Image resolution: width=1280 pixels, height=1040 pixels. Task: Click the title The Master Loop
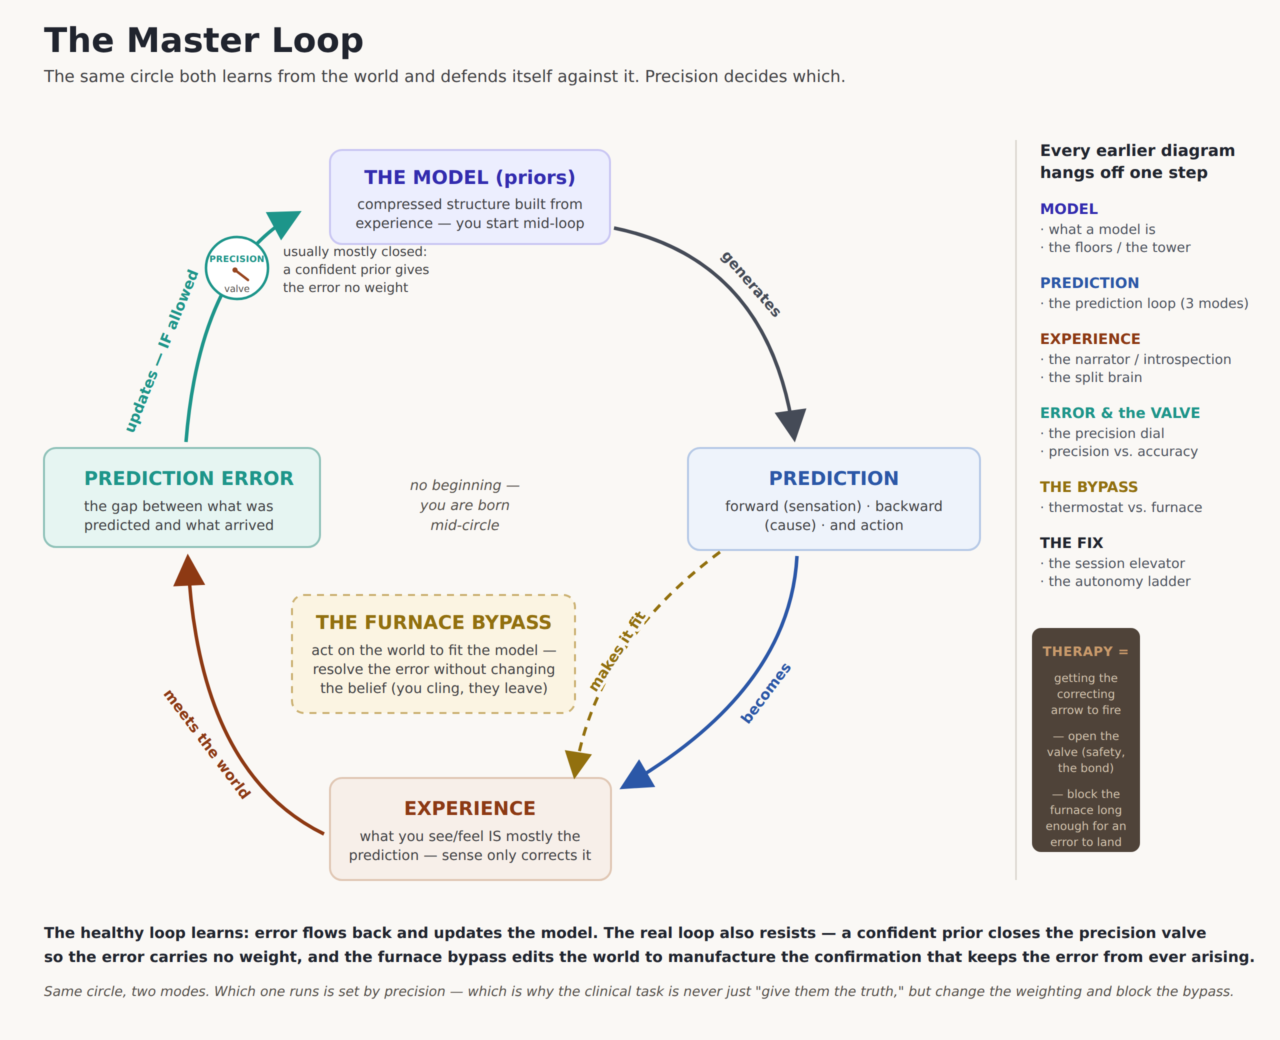(x=203, y=40)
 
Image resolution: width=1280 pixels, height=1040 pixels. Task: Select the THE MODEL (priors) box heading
(x=469, y=177)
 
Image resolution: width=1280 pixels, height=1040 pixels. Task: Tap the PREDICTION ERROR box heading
(x=188, y=478)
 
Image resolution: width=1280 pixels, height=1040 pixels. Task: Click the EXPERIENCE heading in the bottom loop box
(x=469, y=808)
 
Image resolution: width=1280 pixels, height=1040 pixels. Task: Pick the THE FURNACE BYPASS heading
(x=433, y=622)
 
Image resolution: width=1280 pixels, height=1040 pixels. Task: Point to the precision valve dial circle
(x=236, y=268)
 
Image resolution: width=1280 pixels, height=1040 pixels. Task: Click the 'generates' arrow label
(x=750, y=284)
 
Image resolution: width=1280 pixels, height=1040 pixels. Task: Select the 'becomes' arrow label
(x=766, y=693)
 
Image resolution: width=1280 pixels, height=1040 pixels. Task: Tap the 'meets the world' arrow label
(x=206, y=744)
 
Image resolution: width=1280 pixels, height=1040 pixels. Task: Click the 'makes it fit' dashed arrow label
(x=618, y=651)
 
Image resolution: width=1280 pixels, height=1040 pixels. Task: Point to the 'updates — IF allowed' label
(x=161, y=351)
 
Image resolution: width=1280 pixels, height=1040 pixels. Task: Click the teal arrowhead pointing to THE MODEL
(x=282, y=223)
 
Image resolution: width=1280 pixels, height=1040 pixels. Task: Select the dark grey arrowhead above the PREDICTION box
(x=790, y=424)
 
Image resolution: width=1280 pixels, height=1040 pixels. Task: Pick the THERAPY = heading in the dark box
(x=1085, y=651)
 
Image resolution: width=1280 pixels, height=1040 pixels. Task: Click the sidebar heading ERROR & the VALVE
(x=1120, y=413)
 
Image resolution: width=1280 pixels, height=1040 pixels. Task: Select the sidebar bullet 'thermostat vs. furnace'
(x=1121, y=507)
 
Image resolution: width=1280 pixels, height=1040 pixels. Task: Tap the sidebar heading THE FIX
(x=1071, y=543)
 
